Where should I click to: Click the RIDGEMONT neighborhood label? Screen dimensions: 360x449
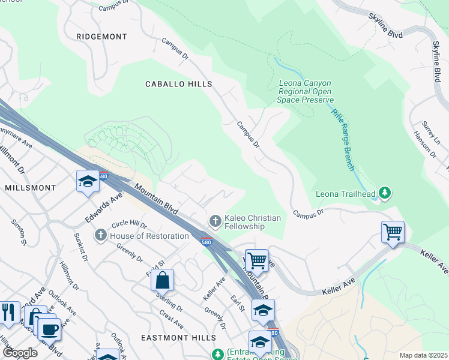[x=101, y=37]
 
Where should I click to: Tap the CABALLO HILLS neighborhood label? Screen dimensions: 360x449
[x=179, y=85]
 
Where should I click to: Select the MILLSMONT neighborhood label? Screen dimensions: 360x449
[x=30, y=188]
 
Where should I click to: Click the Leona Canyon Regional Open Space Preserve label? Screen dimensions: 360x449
[x=306, y=92]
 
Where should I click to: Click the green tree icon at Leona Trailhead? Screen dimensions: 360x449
[x=385, y=193]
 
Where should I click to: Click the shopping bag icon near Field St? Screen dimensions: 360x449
[x=162, y=280]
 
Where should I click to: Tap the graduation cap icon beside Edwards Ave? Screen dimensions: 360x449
[x=88, y=181]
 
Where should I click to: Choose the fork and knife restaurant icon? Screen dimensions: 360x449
[x=8, y=312]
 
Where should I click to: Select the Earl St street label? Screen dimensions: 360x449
[x=238, y=303]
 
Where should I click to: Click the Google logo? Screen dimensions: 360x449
[x=20, y=353]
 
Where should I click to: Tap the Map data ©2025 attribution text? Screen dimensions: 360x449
[x=423, y=355]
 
